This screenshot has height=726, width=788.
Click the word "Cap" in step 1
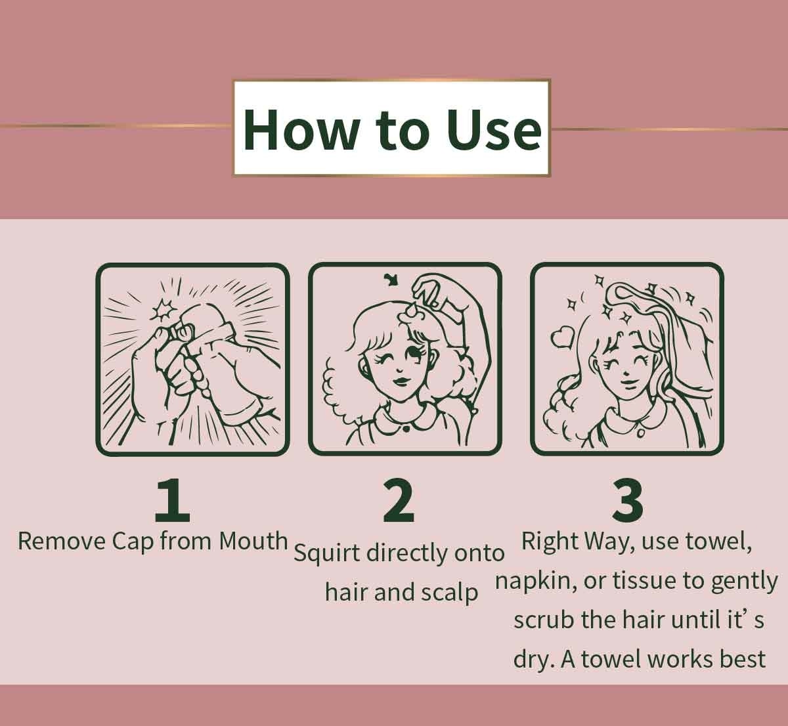(133, 542)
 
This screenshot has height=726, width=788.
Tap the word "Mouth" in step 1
(253, 542)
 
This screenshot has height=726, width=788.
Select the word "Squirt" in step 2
(326, 553)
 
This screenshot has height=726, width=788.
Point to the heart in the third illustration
(561, 337)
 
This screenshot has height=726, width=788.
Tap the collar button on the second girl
(406, 428)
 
